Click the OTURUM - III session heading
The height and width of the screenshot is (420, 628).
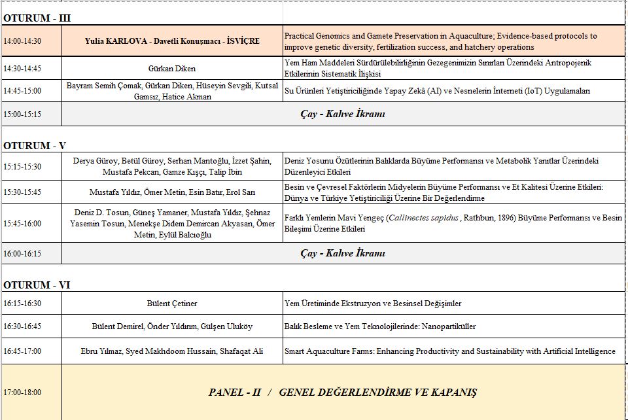click(x=37, y=18)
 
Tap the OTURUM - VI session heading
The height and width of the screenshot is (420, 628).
click(x=37, y=285)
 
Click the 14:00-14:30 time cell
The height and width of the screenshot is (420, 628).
click(x=22, y=41)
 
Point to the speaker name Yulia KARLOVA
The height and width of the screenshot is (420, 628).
click(x=115, y=41)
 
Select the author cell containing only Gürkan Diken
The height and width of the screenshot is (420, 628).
click(x=172, y=69)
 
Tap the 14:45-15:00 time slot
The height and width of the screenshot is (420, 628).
click(x=22, y=91)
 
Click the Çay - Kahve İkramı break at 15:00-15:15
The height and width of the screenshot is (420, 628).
click(x=343, y=114)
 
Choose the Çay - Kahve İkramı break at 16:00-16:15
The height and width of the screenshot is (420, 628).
click(x=343, y=253)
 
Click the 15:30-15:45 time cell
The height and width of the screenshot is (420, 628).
click(x=22, y=192)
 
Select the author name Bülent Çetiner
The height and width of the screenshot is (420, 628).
click(x=172, y=304)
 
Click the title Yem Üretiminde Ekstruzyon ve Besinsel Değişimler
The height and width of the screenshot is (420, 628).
click(x=373, y=304)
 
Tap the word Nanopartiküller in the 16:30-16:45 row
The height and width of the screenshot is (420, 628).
click(x=448, y=326)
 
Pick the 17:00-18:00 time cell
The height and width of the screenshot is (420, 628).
click(x=22, y=393)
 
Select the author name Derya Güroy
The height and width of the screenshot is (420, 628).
click(x=96, y=161)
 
